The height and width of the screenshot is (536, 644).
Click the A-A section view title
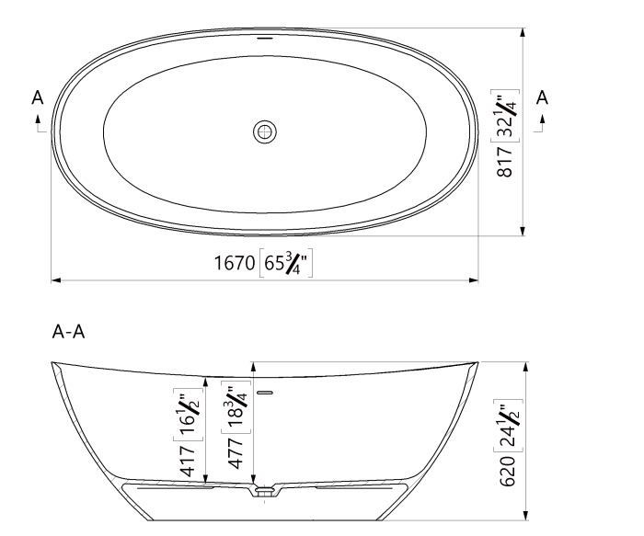[69, 332]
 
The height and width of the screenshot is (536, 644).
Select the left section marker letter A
[38, 97]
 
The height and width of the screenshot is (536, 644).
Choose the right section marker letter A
[542, 97]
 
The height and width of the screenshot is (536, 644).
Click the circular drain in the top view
[264, 132]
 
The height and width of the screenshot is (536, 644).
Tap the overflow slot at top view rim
[265, 40]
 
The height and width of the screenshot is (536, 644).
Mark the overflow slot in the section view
[266, 393]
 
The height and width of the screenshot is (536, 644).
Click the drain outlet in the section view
[265, 493]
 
